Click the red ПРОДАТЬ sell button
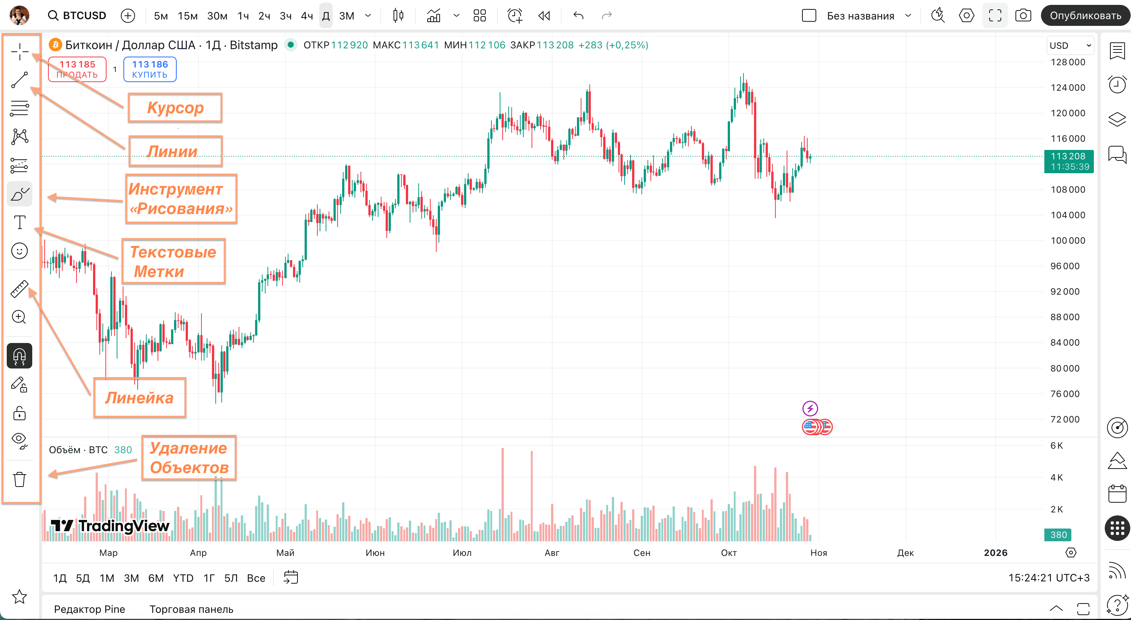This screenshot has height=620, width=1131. point(77,69)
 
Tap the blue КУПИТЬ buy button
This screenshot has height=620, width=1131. point(150,69)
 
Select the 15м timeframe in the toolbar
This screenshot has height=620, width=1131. point(188,16)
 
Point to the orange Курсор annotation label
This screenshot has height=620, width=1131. point(175,108)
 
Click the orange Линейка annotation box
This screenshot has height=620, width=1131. point(140,398)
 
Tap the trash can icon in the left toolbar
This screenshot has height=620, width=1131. point(19,479)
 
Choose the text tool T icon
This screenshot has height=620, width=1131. point(19,222)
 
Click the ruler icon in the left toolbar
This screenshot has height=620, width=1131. point(19,289)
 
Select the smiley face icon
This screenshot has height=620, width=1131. point(19,251)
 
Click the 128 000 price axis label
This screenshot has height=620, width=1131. point(1067,62)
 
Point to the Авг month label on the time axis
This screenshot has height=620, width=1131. point(552,553)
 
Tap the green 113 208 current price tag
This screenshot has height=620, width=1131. point(1068,161)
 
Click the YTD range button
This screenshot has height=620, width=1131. point(183,578)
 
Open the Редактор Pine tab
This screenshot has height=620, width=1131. point(90,609)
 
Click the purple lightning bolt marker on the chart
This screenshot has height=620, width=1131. point(810,409)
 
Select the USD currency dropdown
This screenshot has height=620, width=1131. point(1069,45)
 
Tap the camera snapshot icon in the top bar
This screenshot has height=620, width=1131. point(1023,16)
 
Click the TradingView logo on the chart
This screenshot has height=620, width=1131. point(110,525)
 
